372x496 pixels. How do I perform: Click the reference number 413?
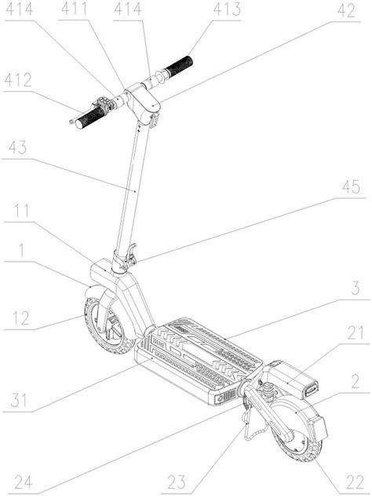coord(227,9)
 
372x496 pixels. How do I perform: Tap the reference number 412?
coord(18,80)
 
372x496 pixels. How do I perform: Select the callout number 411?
coord(74,9)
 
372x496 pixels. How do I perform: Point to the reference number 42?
coord(346,11)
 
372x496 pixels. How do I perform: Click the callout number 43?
coord(18,148)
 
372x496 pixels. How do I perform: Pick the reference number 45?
coord(351,187)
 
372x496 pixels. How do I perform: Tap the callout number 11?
coord(21,211)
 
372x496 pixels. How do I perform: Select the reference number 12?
coord(21,318)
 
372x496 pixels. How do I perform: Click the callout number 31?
coord(19,400)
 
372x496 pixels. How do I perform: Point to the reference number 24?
coord(24,483)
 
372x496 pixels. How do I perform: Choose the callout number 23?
coord(177,483)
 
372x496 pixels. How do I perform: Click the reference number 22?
coord(355,483)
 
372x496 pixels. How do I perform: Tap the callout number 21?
coord(356,333)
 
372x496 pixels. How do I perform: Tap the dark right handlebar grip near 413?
coord(179,66)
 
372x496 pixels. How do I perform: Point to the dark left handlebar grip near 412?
coord(90,118)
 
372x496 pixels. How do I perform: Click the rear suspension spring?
coord(268,388)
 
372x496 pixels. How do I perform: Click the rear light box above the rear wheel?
coord(317,428)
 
